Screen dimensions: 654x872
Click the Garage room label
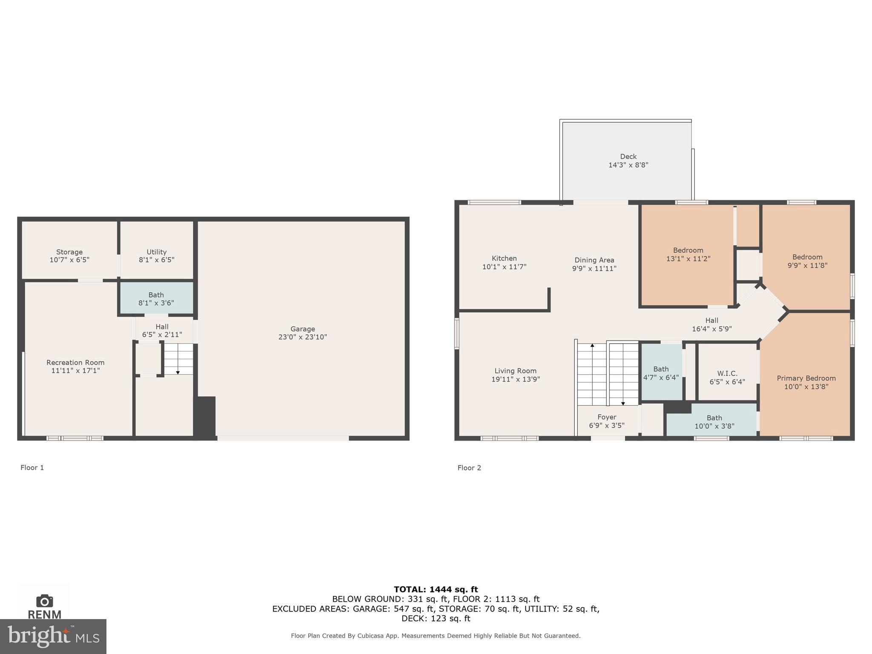(303, 329)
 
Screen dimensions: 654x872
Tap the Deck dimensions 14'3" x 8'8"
(628, 165)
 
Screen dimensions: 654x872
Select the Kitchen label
(504, 258)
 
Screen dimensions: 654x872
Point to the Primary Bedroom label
(806, 378)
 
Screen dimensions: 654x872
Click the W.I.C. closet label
(727, 373)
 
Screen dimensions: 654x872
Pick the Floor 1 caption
(32, 468)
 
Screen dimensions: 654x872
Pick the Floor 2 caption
(469, 468)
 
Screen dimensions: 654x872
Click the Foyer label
(607, 417)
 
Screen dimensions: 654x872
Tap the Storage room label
(69, 252)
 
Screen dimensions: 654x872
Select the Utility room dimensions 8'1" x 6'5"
(156, 260)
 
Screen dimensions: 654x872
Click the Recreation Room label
(75, 362)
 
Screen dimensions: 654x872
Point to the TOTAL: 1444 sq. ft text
(436, 589)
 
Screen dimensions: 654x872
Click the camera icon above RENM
(44, 601)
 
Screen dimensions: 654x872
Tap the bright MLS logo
(53, 637)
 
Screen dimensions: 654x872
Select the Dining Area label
(594, 260)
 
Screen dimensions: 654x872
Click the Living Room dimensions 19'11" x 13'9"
(515, 379)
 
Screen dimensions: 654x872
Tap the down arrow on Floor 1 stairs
(178, 372)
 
